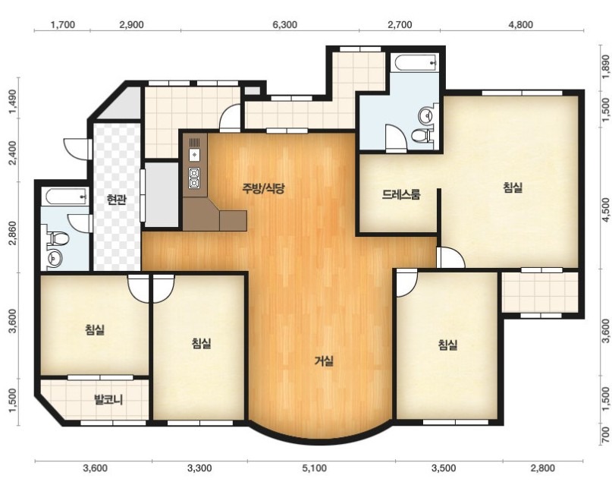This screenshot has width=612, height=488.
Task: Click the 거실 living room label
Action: pos(324,360)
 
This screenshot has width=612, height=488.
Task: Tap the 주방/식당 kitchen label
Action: pos(264,189)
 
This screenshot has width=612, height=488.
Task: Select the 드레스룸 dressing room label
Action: pos(401,194)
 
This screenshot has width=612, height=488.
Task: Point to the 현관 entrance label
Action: pos(117,200)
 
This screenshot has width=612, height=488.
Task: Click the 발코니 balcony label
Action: pos(108,400)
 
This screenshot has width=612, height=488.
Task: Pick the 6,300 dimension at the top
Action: pos(285,25)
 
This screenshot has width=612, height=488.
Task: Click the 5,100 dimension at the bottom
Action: pos(315,468)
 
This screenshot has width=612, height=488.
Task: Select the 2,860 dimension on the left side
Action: pos(13,233)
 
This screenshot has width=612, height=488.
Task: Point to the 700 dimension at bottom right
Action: pos(605,435)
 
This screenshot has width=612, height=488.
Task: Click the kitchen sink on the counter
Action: pos(194,155)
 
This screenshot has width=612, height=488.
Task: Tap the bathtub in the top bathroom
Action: pos(415,63)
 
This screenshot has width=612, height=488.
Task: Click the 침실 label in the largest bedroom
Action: pos(513,188)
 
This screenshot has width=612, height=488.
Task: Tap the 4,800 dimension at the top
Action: pos(521,25)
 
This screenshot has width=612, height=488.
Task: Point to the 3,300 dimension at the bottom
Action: pos(199,468)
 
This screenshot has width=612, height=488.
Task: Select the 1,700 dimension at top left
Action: pos(63,25)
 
